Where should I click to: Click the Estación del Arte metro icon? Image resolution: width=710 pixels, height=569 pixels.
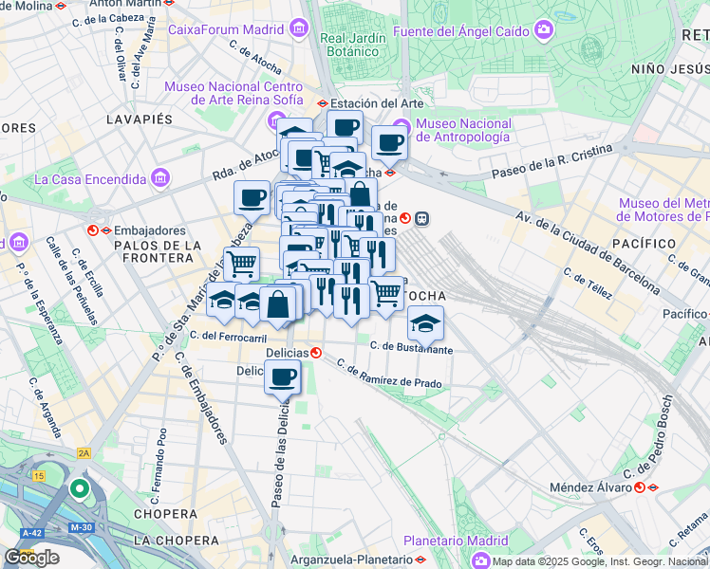(x=323, y=103)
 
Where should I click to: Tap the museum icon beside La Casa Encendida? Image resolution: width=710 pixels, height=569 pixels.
(x=160, y=178)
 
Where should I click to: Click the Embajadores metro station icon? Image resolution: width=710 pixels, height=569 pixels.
(x=94, y=229)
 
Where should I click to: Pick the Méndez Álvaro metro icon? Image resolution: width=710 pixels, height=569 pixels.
(x=641, y=487)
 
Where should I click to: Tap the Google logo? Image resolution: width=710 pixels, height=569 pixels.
(x=31, y=558)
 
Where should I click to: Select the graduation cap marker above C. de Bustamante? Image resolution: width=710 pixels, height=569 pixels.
(x=426, y=324)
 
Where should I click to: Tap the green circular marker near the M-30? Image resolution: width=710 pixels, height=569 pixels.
(x=81, y=489)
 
